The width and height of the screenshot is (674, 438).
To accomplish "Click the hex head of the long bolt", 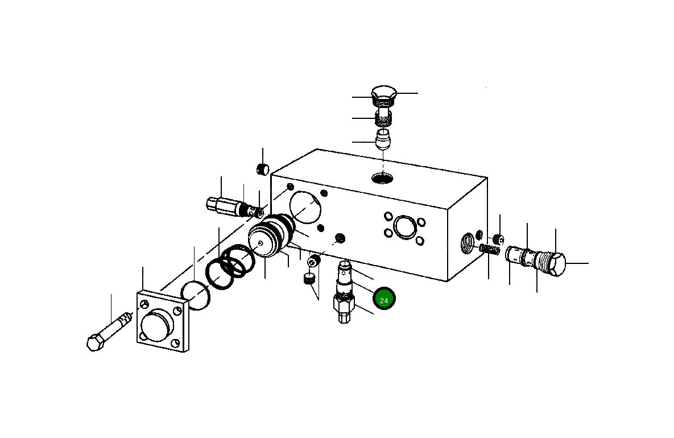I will point(95,343).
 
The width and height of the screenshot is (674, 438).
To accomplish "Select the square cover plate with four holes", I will point(162,323).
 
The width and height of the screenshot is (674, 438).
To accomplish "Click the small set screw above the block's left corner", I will point(262,170).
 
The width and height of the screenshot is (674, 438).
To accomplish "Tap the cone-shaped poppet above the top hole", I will point(384,139).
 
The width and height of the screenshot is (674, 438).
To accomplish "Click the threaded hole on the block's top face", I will point(382,179).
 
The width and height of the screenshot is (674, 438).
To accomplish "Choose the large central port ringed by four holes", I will point(404,226).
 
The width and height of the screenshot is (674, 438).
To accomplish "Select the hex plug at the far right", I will point(555,265).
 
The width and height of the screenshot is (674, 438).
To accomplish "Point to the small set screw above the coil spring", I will point(497,238).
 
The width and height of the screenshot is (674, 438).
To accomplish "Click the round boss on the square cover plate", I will point(156,327).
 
